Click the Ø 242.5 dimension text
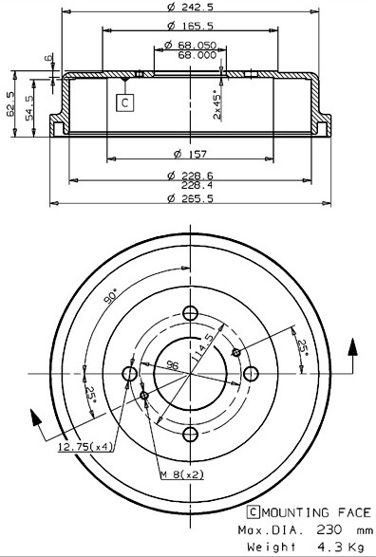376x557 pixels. [189, 9]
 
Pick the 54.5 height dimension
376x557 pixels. [29, 104]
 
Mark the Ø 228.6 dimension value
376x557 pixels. [189, 174]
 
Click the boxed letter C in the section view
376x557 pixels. [123, 102]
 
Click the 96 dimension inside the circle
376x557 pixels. [173, 365]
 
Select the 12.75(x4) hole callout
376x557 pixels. [85, 446]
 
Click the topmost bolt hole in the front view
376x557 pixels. [189, 315]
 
